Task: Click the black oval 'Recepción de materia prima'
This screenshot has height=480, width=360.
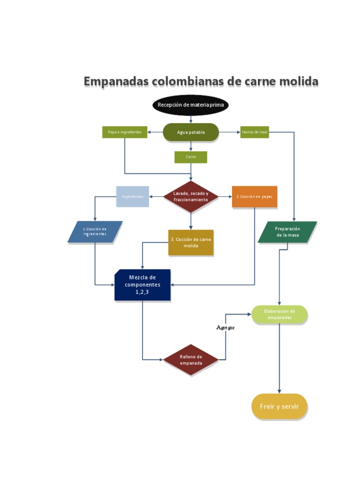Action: tap(190, 105)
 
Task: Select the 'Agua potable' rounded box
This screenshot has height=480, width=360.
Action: tap(191, 132)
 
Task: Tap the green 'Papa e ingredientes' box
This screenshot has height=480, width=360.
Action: tap(125, 132)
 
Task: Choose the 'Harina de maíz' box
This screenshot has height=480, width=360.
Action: tap(255, 132)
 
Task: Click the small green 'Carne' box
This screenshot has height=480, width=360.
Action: tap(191, 157)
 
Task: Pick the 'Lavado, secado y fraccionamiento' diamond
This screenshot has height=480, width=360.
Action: tap(191, 196)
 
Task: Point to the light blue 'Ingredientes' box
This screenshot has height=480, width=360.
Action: tap(133, 196)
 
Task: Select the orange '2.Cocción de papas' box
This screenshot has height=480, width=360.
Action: tap(255, 196)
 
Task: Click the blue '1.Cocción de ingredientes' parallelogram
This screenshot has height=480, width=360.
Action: tap(95, 232)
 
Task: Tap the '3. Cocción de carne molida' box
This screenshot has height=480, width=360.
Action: tap(191, 242)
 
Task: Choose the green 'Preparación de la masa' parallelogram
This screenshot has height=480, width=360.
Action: tap(287, 232)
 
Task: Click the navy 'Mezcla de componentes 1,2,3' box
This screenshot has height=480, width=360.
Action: tap(142, 285)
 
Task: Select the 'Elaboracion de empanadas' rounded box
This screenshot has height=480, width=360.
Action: tap(279, 314)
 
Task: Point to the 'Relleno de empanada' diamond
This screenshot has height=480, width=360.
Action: tap(191, 360)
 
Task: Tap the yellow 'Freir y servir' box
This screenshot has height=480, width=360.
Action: tap(279, 406)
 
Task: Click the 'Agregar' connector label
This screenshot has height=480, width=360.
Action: tap(225, 327)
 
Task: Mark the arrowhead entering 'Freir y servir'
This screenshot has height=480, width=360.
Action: tap(279, 391)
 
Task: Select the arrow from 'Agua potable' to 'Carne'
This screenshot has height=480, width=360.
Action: tap(191, 146)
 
